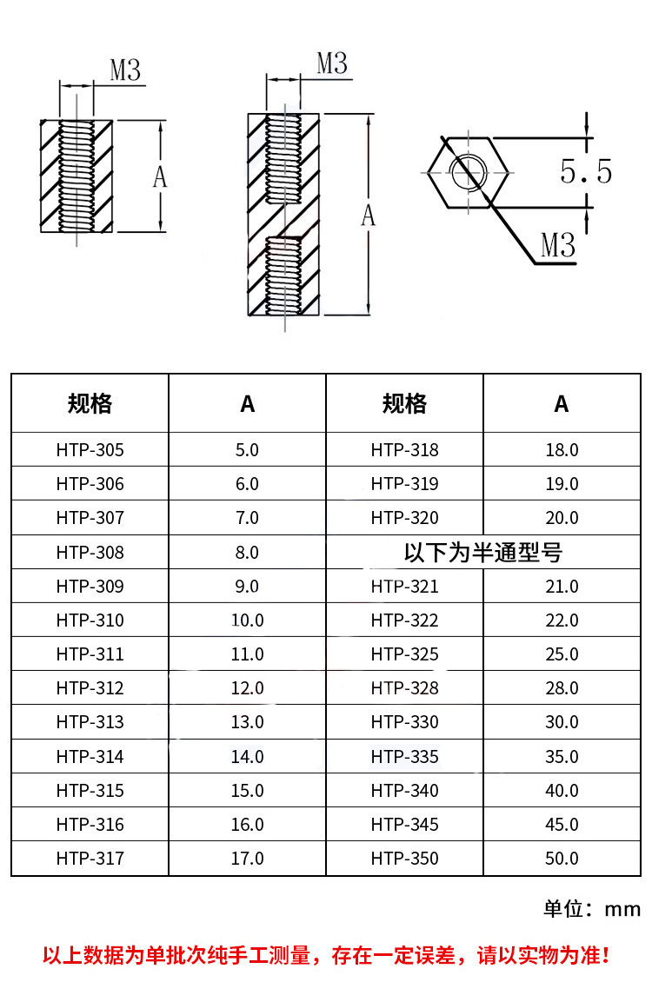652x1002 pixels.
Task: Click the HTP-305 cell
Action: click(90, 450)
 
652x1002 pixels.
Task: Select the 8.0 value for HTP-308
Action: click(247, 552)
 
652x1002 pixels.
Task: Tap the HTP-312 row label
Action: click(90, 688)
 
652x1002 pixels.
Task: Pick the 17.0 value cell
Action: click(247, 859)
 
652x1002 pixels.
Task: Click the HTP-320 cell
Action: click(404, 518)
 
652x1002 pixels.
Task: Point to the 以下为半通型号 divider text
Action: click(483, 552)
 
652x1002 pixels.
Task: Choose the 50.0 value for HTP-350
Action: click(562, 859)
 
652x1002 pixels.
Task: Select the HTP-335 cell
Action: click(404, 757)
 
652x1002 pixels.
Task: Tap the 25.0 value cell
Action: click(562, 654)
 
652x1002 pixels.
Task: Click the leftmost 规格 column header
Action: click(90, 403)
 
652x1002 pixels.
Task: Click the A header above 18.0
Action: click(562, 403)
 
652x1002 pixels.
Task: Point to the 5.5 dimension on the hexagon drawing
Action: click(586, 171)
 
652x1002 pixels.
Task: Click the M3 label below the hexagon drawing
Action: click(558, 246)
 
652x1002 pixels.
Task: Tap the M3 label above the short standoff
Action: click(125, 70)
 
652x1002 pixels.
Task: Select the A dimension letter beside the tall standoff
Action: click(369, 216)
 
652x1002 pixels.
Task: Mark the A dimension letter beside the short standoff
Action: click(160, 177)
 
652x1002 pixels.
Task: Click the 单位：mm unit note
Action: click(592, 909)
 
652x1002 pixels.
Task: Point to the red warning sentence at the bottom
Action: click(326, 956)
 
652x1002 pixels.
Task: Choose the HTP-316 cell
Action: click(90, 825)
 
